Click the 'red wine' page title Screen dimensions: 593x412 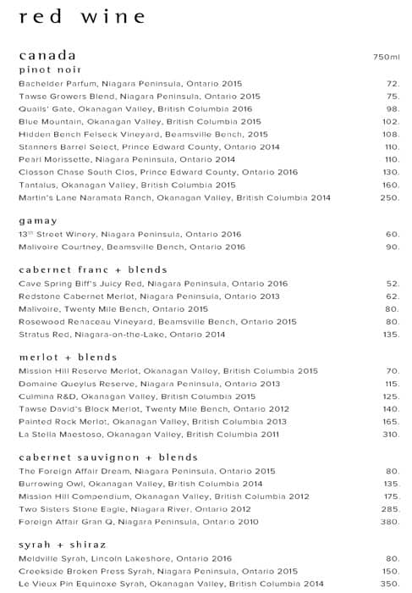pos(81,17)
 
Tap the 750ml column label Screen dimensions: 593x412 pos(386,57)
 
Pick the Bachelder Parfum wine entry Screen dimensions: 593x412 pos(130,84)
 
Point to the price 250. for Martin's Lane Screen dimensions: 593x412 pos(389,197)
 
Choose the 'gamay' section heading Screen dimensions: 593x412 pos(38,220)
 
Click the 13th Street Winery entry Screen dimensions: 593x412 pos(130,234)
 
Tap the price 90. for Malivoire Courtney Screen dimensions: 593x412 pos(392,247)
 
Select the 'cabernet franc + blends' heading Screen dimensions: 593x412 pos(93,269)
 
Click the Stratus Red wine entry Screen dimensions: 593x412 pos(122,335)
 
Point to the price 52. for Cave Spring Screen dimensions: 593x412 pos(392,283)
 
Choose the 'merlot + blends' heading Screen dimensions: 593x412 pos(67,357)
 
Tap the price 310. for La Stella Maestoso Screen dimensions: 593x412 pos(389,435)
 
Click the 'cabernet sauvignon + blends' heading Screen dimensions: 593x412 pos(108,457)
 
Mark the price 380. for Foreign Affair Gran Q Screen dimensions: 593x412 pos(389,522)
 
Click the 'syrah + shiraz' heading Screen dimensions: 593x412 pos(62,545)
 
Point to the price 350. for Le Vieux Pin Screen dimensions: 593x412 pos(389,584)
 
